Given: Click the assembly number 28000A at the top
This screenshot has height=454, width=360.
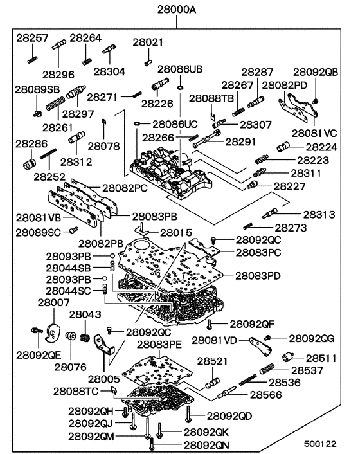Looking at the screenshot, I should coord(179,10).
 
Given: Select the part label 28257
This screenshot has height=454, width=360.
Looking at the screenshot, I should coord(32,39).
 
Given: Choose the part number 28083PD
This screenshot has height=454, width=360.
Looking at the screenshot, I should coord(258,275).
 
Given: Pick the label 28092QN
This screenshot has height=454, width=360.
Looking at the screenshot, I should coord(206,444).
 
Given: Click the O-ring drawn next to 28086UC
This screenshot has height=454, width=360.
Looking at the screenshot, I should coord(138,123).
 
